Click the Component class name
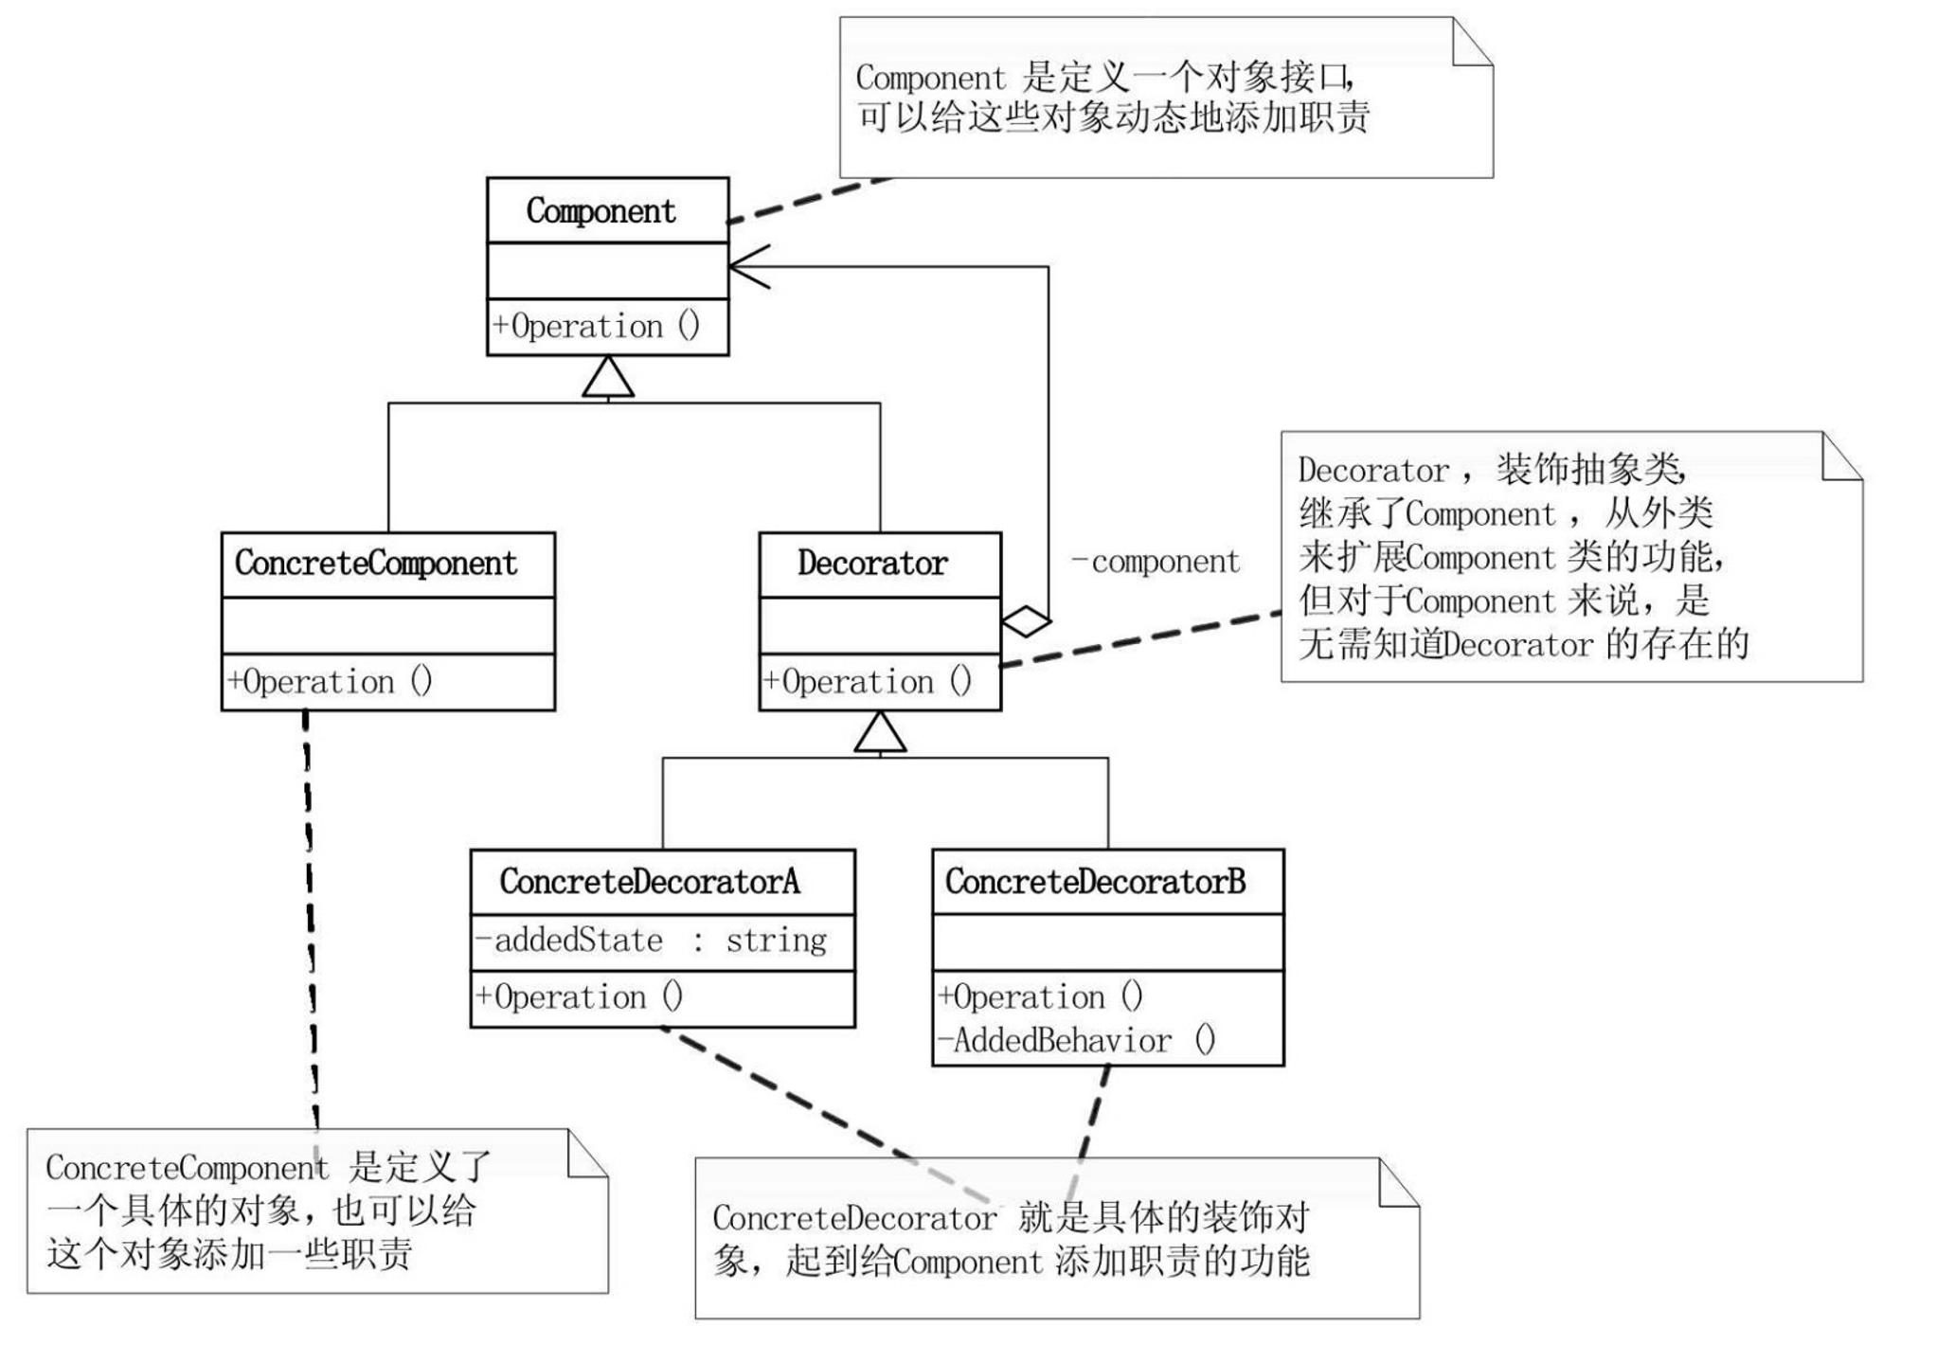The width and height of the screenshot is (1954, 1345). tap(601, 210)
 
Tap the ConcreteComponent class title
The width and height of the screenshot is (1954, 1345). tap(376, 563)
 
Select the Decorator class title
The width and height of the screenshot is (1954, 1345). tap(871, 563)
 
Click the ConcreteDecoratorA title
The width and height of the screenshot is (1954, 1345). tap(650, 881)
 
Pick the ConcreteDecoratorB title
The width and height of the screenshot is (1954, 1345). tap(1095, 881)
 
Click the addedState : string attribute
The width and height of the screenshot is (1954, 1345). tap(651, 940)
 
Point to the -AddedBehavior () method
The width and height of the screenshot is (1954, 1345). tap(1076, 1040)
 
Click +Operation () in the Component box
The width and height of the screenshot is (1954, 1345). tap(596, 327)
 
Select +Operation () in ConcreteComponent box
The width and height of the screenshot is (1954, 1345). tap(330, 682)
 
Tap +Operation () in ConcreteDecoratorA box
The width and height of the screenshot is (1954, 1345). tap(579, 996)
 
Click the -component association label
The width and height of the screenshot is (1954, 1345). tap(1156, 562)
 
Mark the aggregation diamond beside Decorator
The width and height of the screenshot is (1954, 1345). tap(1026, 621)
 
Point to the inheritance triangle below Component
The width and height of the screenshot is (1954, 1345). tap(608, 378)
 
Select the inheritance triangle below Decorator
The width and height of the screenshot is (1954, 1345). tap(880, 733)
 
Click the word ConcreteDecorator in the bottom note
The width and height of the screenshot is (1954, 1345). tap(853, 1218)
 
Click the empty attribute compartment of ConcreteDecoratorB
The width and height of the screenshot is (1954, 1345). tap(1107, 942)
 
